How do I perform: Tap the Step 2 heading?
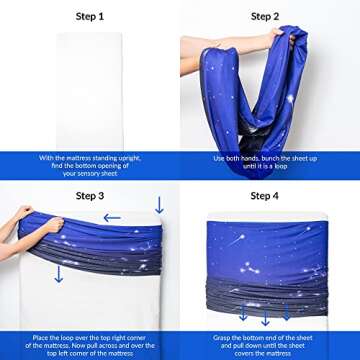(265, 16)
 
